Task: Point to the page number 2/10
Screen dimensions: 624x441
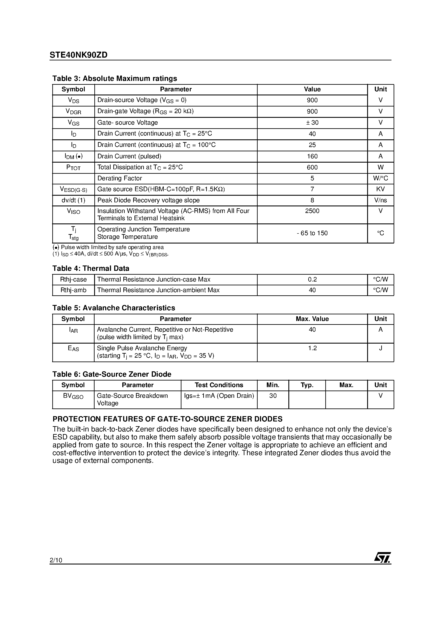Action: [56, 560]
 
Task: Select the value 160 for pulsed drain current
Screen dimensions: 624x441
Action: [312, 156]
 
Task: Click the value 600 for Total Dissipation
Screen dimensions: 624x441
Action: [312, 167]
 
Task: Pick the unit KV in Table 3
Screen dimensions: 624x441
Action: [380, 189]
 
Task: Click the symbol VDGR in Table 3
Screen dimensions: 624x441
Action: [73, 111]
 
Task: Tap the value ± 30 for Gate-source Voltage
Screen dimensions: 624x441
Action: [312, 122]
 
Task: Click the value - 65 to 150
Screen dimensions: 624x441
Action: [312, 233]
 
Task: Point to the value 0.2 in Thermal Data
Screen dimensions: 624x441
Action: [312, 279]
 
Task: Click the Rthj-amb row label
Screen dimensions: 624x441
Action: [73, 290]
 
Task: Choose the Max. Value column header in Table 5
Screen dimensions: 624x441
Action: [312, 319]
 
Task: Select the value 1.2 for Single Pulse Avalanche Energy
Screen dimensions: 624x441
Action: [312, 348]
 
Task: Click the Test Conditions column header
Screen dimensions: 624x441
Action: [219, 385]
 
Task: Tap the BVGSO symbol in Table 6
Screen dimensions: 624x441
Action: [73, 396]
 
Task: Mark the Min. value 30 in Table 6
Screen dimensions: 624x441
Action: [273, 396]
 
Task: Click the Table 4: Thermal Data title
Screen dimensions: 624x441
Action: [91, 268]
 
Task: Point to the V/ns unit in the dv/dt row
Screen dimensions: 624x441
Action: [380, 200]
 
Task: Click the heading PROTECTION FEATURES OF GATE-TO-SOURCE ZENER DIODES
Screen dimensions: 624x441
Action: [167, 419]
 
